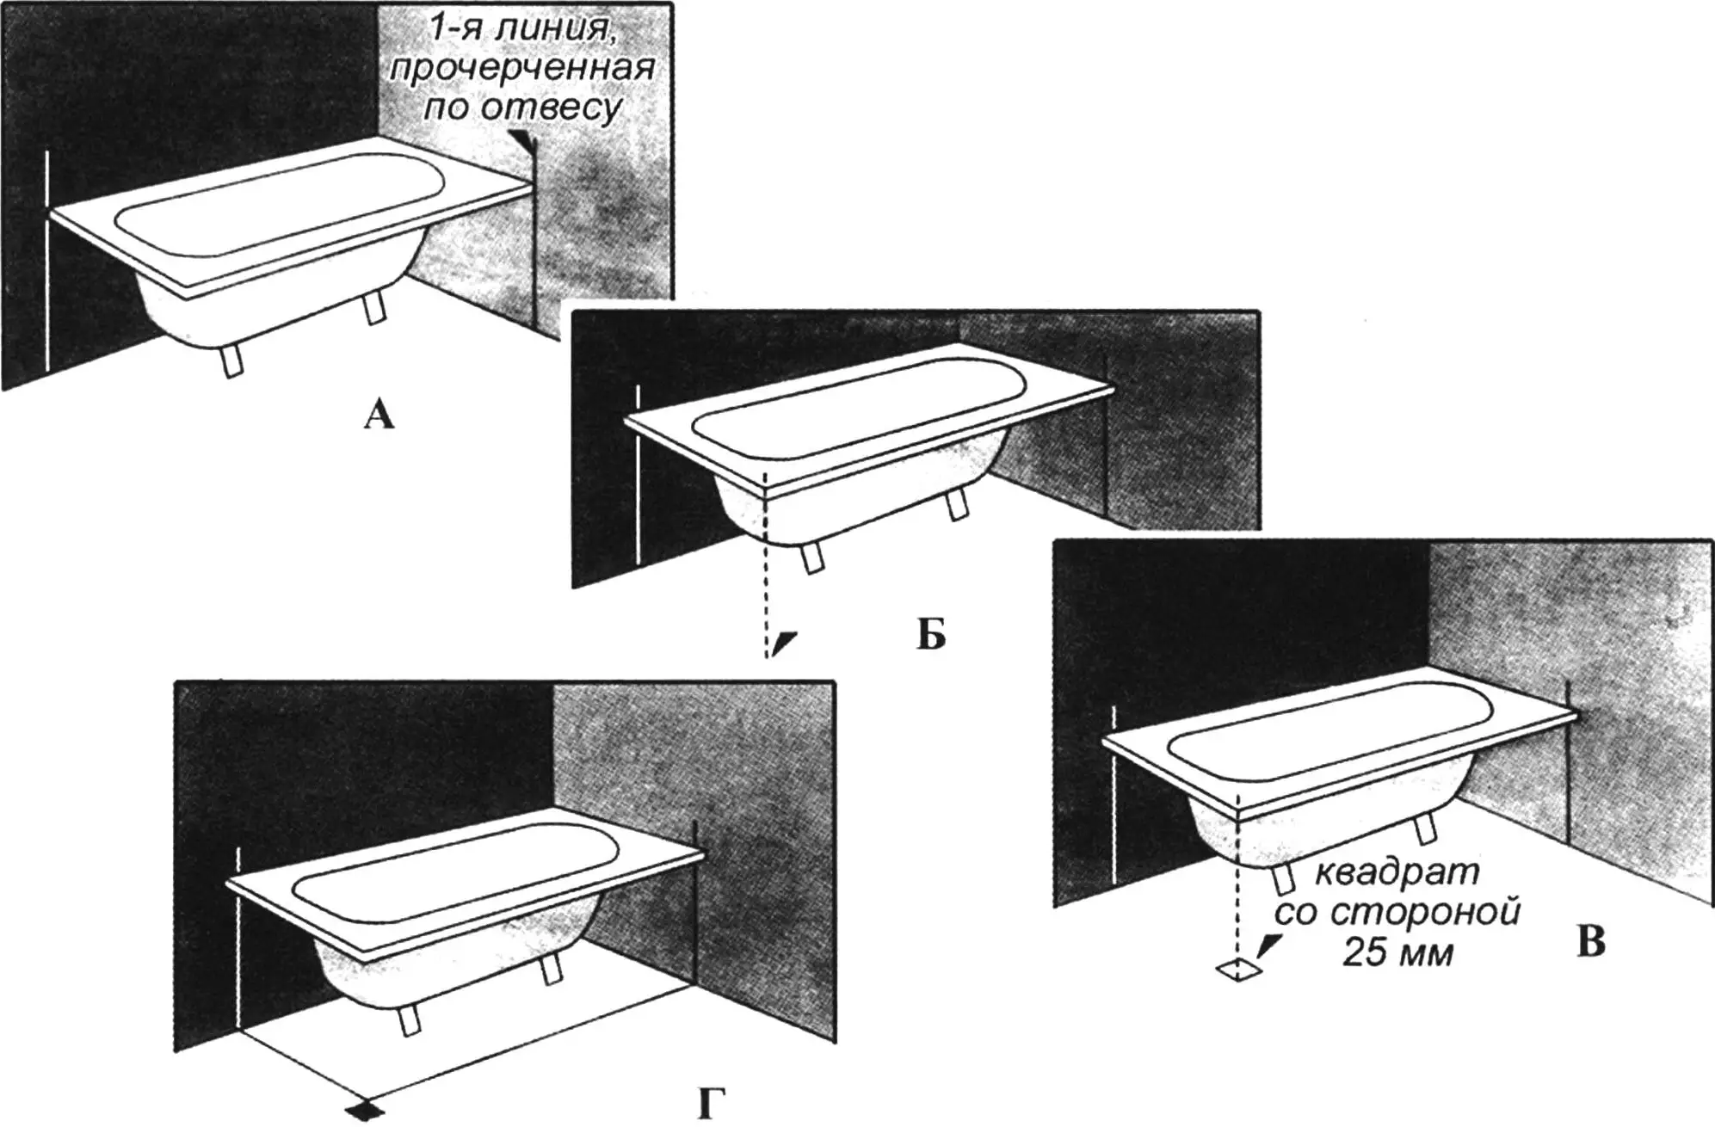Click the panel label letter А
point(379,416)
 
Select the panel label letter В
point(1590,943)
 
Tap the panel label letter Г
point(706,1105)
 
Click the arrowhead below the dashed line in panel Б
point(785,643)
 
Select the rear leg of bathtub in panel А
point(374,308)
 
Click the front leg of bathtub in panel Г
point(408,1021)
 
